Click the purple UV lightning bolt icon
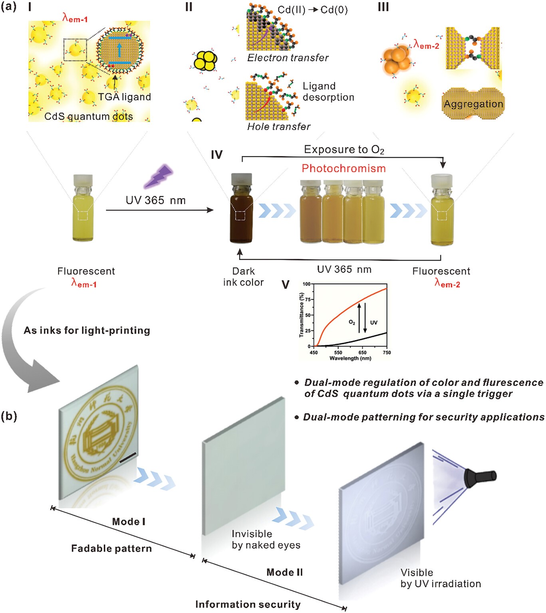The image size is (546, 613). [x=159, y=176]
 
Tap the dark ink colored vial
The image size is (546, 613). [x=241, y=210]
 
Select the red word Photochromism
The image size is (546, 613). [x=343, y=168]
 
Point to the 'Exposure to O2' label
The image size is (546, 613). [x=344, y=150]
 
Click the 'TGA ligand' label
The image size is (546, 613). [x=125, y=97]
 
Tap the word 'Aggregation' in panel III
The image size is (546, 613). [x=473, y=104]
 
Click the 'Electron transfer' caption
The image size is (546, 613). [x=288, y=58]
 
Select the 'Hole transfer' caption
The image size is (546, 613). [x=278, y=127]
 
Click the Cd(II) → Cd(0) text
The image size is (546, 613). [x=312, y=10]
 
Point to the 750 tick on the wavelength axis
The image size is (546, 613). [x=387, y=352]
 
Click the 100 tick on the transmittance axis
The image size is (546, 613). [x=306, y=284]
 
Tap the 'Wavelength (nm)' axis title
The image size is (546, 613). [x=350, y=358]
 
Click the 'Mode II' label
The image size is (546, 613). [x=284, y=572]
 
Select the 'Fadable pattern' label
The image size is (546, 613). [x=111, y=549]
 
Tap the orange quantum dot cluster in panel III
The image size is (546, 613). [x=397, y=60]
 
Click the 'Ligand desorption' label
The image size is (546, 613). [x=328, y=92]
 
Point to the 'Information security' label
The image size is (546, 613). [x=248, y=605]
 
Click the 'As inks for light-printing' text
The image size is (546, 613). [x=87, y=330]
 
